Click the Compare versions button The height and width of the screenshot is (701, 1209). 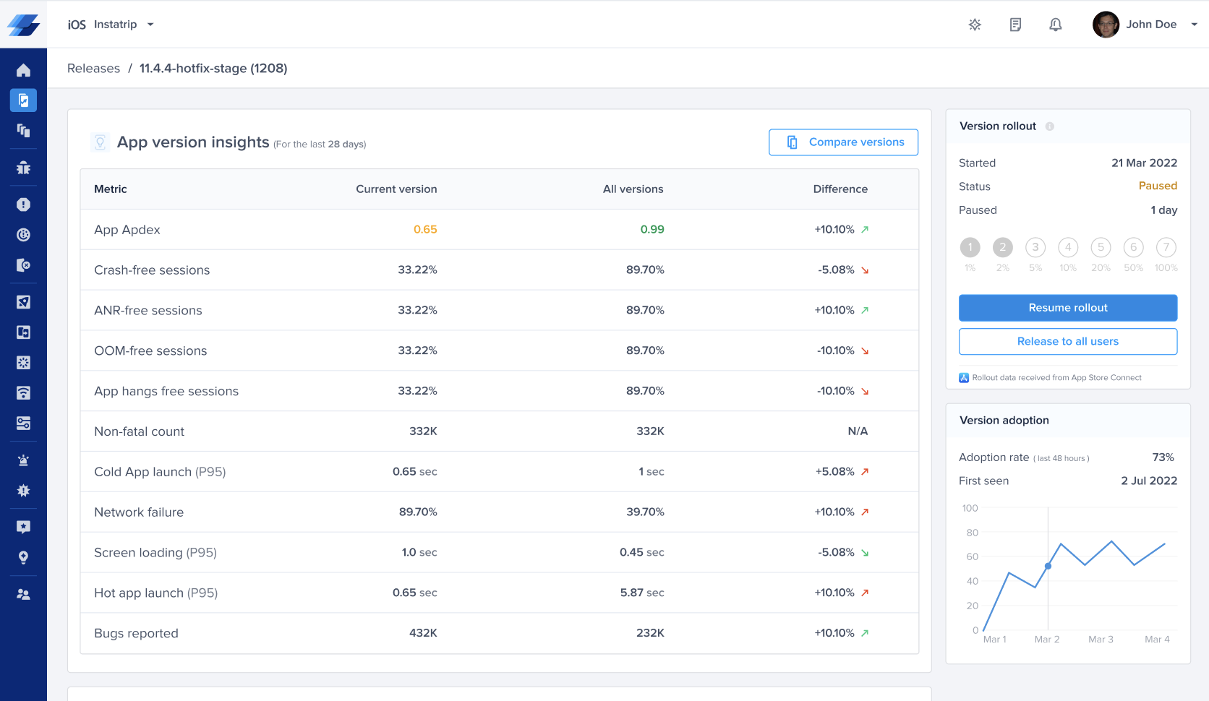click(x=843, y=142)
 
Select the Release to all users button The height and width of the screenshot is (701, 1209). click(x=1067, y=342)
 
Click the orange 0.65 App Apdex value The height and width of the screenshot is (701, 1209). click(x=425, y=230)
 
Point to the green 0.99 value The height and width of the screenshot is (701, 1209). click(x=652, y=230)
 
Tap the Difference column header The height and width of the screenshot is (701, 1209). click(x=840, y=189)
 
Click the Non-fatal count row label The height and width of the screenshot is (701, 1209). click(x=139, y=431)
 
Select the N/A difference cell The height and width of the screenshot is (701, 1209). click(x=857, y=431)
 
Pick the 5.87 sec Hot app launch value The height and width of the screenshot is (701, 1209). click(x=641, y=593)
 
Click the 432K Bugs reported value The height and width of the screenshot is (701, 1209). click(x=423, y=633)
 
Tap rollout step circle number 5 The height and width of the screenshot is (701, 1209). click(x=1101, y=247)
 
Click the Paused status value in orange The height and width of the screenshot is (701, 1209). click(x=1157, y=186)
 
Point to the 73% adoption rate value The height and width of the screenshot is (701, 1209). click(x=1163, y=457)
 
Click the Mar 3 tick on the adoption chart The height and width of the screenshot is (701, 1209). click(x=1101, y=640)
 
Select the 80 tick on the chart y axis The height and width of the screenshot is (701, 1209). click(x=972, y=533)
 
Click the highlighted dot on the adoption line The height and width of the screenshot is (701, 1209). click(x=1048, y=566)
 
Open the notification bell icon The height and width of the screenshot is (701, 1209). click(x=1055, y=25)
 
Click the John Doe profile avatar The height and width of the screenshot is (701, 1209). click(x=1106, y=25)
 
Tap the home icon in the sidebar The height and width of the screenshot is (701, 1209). click(x=23, y=70)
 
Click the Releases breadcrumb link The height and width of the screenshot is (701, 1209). click(x=93, y=69)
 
